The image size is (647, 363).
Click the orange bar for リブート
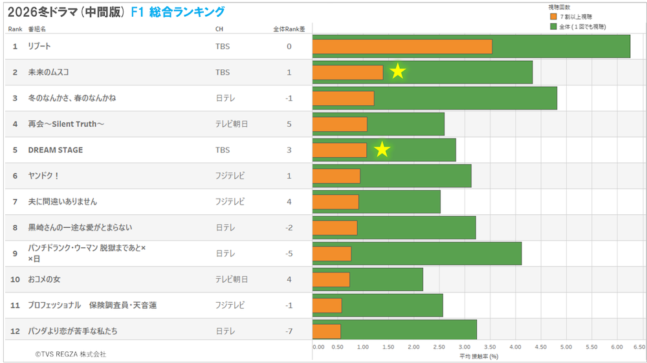[402, 47]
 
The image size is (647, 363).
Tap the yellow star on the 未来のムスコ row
[397, 72]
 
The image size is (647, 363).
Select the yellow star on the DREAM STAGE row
[382, 149]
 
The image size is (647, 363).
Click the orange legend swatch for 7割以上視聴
[553, 16]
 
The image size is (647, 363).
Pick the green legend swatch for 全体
[553, 27]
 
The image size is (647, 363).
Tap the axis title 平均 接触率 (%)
[479, 356]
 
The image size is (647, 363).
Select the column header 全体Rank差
[289, 29]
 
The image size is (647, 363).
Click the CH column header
[219, 29]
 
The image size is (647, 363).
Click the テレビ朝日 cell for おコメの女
[231, 279]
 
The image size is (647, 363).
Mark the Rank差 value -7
[289, 331]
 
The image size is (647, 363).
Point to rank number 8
[15, 227]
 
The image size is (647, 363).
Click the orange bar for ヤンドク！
[336, 175]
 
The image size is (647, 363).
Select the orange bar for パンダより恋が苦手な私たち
[327, 331]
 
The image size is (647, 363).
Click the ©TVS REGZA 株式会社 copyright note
[71, 354]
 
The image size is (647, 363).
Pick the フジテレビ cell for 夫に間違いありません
[230, 201]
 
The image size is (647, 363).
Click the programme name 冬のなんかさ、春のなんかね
[72, 98]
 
